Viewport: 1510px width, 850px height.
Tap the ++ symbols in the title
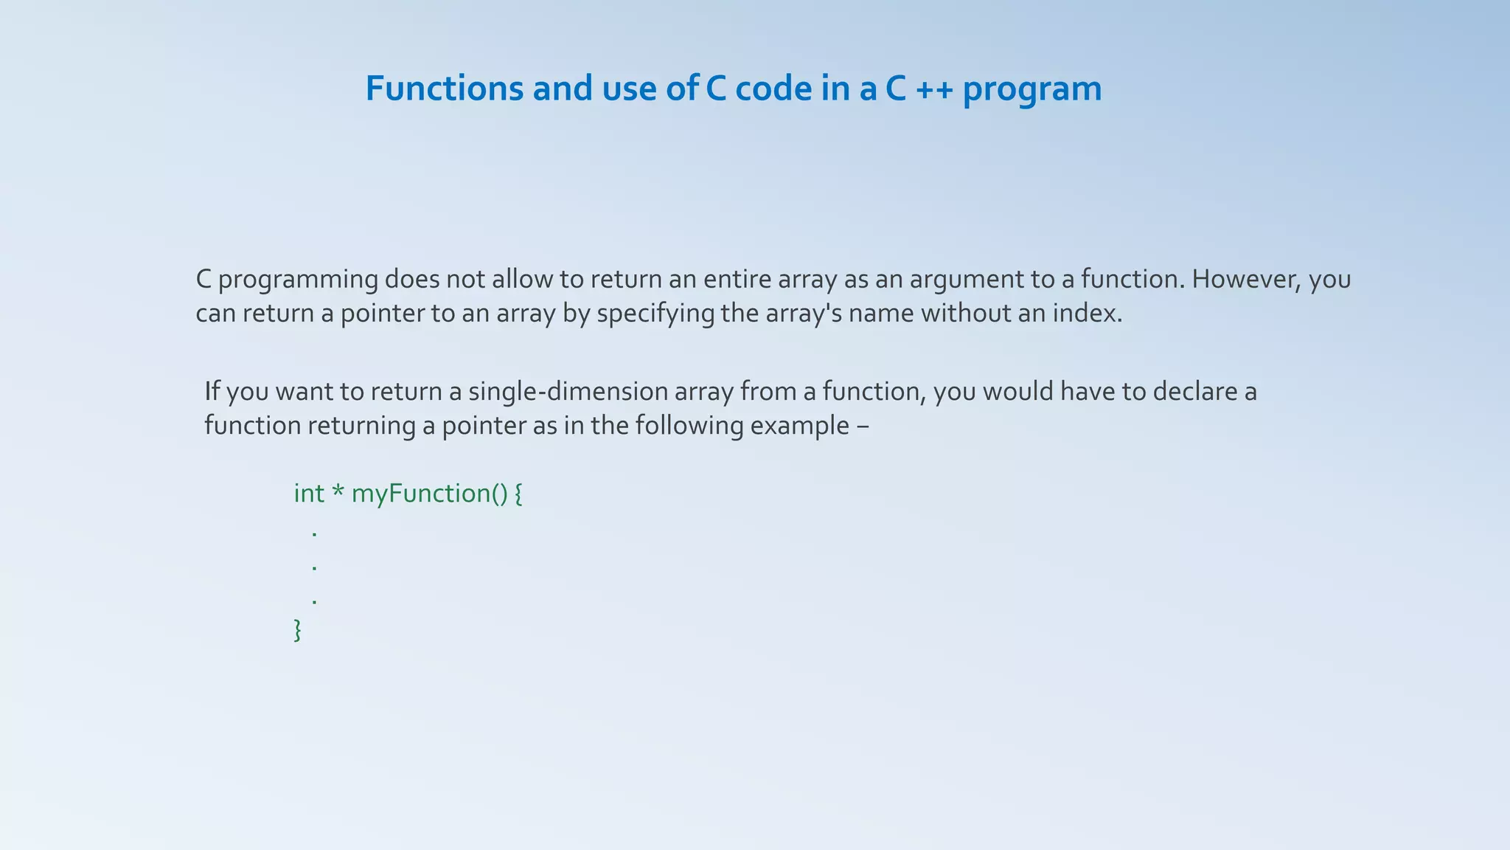(935, 90)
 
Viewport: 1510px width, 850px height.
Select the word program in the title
(1032, 90)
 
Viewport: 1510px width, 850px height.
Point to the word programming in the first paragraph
(299, 280)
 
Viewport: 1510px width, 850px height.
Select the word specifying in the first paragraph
(655, 314)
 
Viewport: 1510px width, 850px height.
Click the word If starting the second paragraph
(212, 391)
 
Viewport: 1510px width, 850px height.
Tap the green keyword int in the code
(309, 493)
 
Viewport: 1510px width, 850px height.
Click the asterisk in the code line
(338, 491)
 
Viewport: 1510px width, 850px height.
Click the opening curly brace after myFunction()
(518, 494)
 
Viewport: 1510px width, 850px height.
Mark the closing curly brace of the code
(298, 630)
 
